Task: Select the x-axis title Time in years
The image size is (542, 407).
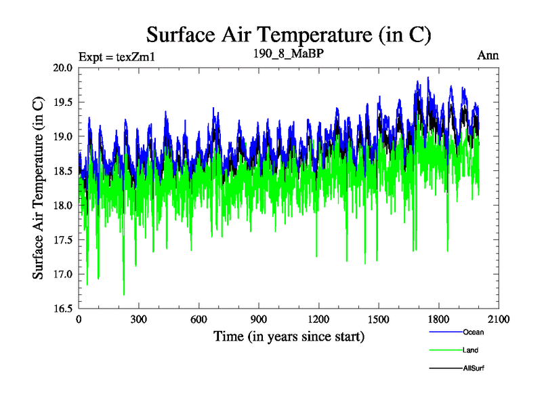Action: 289,336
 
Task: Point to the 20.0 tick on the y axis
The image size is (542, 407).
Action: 63,68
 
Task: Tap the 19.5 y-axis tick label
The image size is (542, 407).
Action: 63,102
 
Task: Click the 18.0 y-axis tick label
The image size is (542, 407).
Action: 63,206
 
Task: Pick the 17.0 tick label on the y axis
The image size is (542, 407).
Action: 63,274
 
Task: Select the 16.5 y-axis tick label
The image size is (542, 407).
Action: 63,309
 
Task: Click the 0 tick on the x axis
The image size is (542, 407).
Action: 79,319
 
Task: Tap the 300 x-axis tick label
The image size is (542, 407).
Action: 139,319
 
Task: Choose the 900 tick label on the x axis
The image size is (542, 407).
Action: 259,319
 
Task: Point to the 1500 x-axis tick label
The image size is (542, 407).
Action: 378,319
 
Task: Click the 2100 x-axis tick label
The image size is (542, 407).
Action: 498,319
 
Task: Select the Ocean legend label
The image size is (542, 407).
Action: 473,332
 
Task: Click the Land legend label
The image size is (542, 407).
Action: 471,350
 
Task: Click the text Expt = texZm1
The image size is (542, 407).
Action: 117,57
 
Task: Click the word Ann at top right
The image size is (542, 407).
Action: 488,56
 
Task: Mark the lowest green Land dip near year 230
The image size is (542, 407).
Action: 123,294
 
